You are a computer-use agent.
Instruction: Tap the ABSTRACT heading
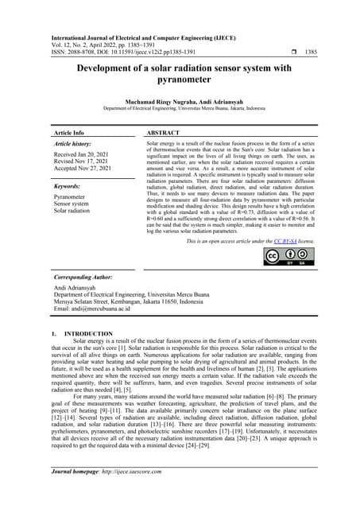[x=165, y=132]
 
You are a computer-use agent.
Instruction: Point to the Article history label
[x=72, y=143]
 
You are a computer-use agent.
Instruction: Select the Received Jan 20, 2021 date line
[x=83, y=153]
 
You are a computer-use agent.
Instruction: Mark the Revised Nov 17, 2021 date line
[x=83, y=161]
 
